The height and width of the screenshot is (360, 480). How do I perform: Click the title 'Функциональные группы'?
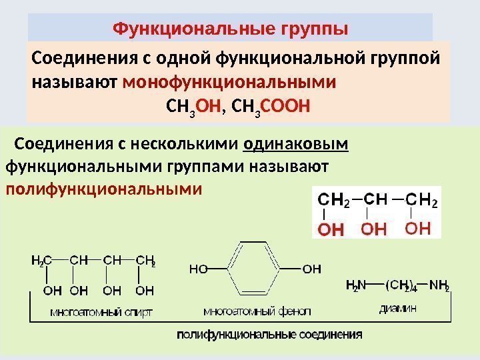[x=230, y=29]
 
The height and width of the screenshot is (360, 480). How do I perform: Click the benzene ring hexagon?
[x=255, y=269]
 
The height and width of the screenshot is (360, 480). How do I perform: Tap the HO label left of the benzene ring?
[x=199, y=270]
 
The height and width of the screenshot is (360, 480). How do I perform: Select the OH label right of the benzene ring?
[x=311, y=270]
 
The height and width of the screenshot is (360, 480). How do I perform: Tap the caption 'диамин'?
[x=398, y=308]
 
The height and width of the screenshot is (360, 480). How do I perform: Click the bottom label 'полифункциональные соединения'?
[x=269, y=334]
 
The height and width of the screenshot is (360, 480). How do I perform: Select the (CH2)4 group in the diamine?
[x=401, y=286]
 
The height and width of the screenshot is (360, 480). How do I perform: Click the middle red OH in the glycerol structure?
[x=374, y=230]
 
